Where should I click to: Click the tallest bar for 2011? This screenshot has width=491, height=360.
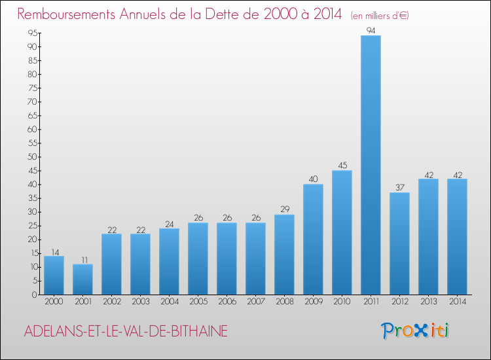tap(371, 165)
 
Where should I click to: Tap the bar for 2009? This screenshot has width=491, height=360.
tap(313, 240)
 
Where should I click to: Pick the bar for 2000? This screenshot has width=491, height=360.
tap(54, 275)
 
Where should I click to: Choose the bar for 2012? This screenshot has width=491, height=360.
tap(399, 243)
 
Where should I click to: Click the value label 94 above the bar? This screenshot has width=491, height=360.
tap(371, 31)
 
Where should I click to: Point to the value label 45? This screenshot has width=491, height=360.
tap(342, 166)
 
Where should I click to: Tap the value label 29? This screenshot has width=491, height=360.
tap(284, 209)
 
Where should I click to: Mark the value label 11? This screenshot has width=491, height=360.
tap(82, 259)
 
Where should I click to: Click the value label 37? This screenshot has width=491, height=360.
tap(399, 188)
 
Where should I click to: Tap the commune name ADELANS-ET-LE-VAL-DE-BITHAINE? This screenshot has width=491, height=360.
tap(126, 332)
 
